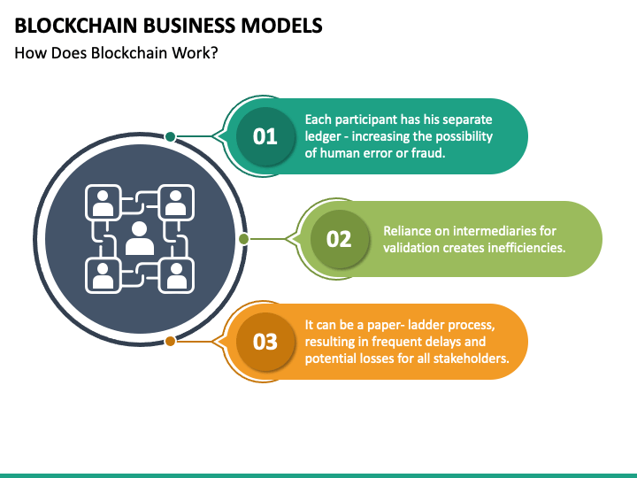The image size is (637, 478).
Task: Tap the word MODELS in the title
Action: pyautogui.click(x=281, y=25)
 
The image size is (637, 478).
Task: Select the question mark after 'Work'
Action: pyautogui.click(x=214, y=53)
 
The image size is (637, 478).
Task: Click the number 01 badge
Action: pyautogui.click(x=265, y=136)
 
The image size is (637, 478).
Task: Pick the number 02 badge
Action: pyautogui.click(x=339, y=239)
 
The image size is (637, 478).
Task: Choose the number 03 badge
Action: pyautogui.click(x=265, y=342)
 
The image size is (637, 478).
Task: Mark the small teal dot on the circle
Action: pyautogui.click(x=170, y=136)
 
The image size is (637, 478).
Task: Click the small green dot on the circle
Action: pyautogui.click(x=244, y=239)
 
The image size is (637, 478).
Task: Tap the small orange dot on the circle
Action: pyautogui.click(x=170, y=341)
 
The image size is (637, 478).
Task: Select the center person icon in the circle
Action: pyautogui.click(x=140, y=239)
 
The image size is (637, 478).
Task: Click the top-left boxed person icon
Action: pyautogui.click(x=104, y=203)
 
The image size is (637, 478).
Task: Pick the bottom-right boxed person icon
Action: pyautogui.click(x=176, y=275)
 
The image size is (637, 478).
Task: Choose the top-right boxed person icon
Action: pyautogui.click(x=176, y=203)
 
